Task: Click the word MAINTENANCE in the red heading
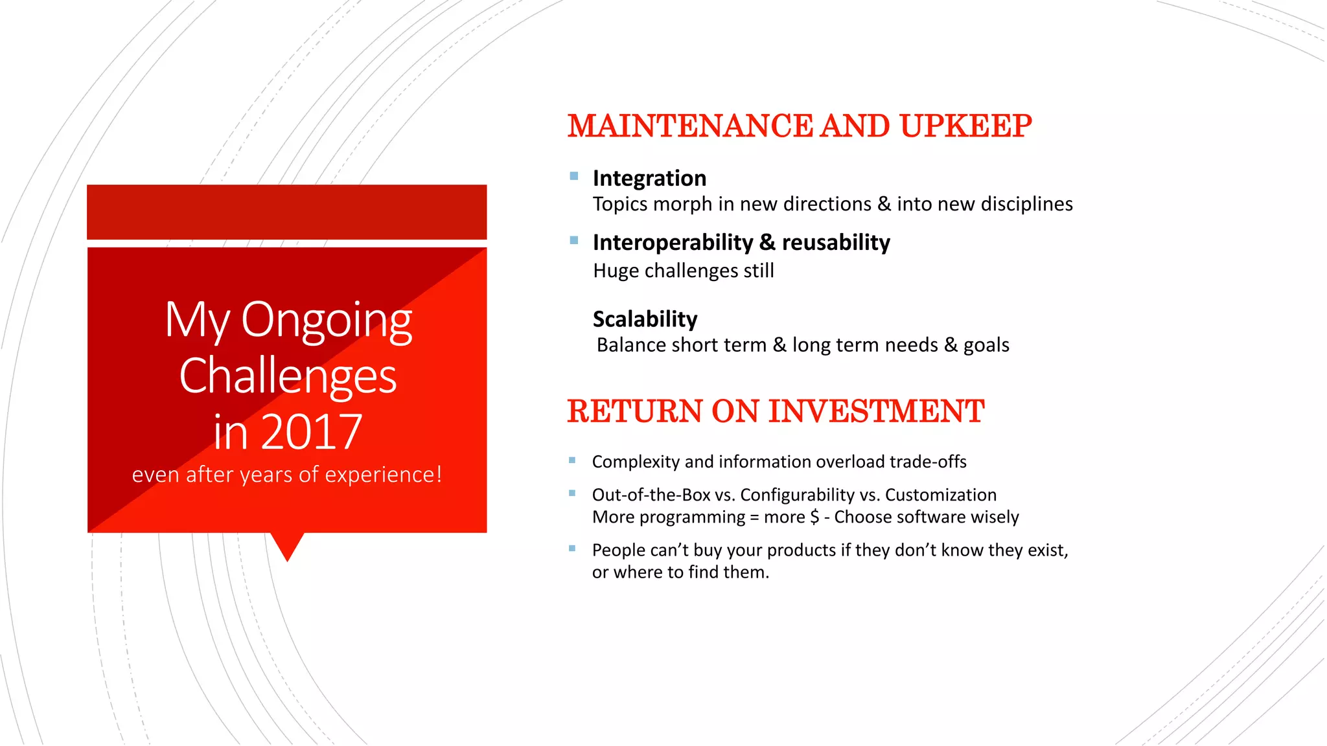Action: (690, 126)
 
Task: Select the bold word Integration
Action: (649, 178)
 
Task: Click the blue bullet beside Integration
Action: (574, 176)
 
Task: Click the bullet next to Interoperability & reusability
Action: (574, 240)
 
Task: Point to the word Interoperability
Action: (673, 243)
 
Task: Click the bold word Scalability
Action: (645, 319)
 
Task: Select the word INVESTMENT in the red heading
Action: (876, 412)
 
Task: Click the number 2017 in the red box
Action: (312, 432)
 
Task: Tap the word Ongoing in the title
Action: (327, 321)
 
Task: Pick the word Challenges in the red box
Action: (288, 376)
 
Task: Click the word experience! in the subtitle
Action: (383, 475)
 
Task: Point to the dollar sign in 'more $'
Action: (814, 517)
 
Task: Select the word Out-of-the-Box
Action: (651, 495)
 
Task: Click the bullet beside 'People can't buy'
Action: (572, 548)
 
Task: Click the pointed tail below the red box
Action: (287, 545)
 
